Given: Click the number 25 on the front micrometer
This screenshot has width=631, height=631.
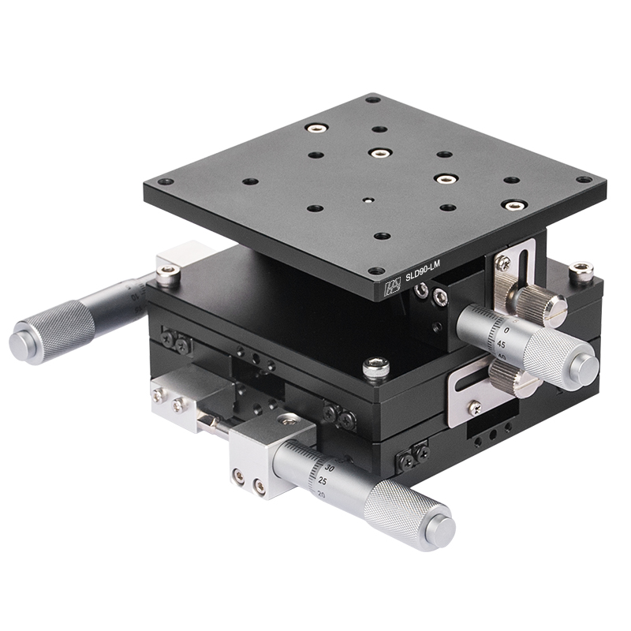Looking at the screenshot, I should (x=323, y=480).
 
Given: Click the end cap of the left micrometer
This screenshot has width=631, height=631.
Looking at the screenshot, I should (x=22, y=344).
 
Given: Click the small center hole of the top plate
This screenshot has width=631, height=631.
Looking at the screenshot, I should (x=367, y=200).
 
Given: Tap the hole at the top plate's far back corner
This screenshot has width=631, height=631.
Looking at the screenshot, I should (x=372, y=99).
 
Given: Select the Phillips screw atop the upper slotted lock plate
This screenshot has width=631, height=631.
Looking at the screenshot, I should (x=502, y=262).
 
